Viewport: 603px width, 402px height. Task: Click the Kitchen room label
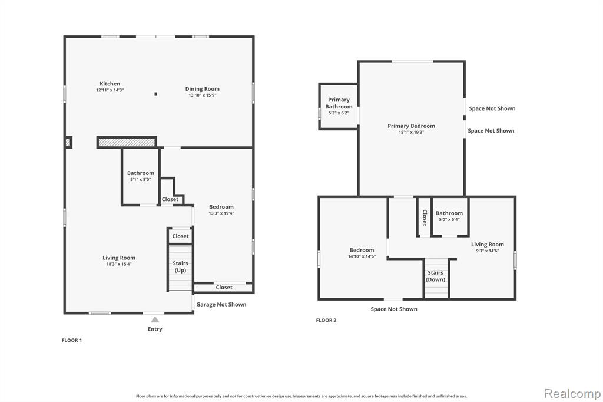click(x=110, y=84)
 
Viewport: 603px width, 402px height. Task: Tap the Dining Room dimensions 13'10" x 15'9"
click(x=203, y=95)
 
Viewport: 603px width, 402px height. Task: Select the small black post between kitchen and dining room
click(x=155, y=94)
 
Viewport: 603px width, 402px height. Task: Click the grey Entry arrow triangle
click(x=155, y=319)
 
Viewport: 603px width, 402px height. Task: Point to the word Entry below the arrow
click(x=155, y=329)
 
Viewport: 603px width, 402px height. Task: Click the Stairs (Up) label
click(x=180, y=267)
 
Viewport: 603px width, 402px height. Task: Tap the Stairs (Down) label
click(x=435, y=276)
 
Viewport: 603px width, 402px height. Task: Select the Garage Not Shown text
click(x=221, y=304)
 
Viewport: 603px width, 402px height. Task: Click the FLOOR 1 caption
click(x=72, y=340)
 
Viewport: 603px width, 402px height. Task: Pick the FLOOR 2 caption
click(x=326, y=320)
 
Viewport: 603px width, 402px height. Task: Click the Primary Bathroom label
click(x=339, y=103)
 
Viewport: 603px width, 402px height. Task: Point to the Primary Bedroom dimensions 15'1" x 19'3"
click(x=411, y=132)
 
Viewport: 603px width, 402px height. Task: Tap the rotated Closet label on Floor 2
click(x=425, y=218)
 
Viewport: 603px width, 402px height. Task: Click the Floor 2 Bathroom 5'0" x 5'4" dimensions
click(x=449, y=219)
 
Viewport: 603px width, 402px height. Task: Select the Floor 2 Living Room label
click(x=487, y=244)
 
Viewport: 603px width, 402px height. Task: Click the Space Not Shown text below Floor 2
click(x=394, y=309)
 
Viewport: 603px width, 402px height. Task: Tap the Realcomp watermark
click(x=572, y=394)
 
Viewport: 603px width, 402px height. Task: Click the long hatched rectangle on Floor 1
click(x=127, y=143)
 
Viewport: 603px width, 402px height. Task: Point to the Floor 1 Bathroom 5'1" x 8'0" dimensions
click(x=140, y=179)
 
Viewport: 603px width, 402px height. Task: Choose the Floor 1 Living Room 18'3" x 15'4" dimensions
click(x=119, y=264)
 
